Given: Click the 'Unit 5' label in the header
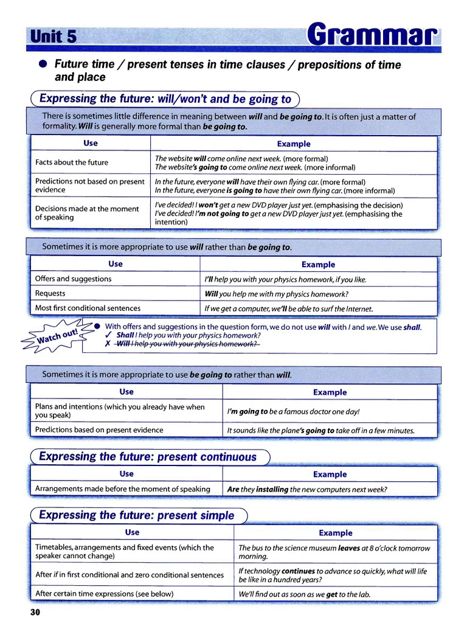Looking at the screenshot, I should tap(52, 37).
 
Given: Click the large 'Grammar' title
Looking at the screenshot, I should tap(372, 35).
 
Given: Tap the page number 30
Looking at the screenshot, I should tap(35, 612).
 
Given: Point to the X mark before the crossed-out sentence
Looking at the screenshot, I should tap(108, 344).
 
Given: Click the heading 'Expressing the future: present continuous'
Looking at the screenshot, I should tap(148, 457).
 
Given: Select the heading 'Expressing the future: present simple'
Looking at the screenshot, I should tap(136, 515).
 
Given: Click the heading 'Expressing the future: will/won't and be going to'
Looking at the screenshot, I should tap(165, 99).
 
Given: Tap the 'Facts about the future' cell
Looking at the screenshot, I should tap(72, 162).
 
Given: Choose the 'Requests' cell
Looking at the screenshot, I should tap(50, 293).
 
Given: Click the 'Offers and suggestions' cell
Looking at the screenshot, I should tap(74, 279).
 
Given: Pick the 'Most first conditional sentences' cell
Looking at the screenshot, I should tap(88, 308).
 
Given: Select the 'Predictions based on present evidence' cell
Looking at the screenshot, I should tap(99, 430).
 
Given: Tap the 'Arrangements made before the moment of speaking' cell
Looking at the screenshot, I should tap(123, 489).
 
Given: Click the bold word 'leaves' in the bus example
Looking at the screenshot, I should tap(349, 548).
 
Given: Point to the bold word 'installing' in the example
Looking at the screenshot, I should tap(272, 489).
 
